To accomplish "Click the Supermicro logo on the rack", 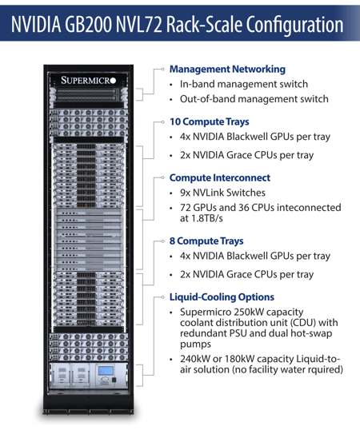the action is tap(88, 81).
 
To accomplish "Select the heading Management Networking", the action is tap(227, 69).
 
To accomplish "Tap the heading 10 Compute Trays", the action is tap(210, 121).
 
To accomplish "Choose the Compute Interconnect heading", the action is tap(220, 177).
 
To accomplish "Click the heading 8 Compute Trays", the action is tap(206, 241).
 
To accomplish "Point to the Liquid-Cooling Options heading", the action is tap(222, 297).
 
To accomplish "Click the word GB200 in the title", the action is tap(88, 24).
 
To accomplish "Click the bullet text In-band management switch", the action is tap(244, 84).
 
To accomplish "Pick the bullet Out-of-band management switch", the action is tap(254, 99).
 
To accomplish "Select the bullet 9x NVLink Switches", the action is tap(222, 193).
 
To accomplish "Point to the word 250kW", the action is tap(249, 312).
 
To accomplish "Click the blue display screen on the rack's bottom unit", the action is tap(106, 371).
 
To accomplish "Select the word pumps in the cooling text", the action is tap(195, 344).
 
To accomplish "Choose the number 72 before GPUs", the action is tap(186, 207).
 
